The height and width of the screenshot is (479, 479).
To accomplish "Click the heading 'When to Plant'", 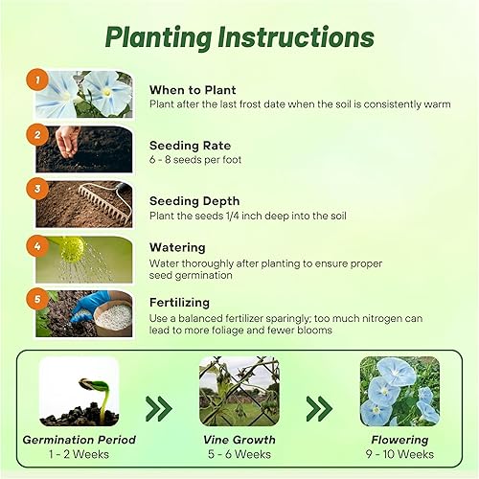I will [x=193, y=90].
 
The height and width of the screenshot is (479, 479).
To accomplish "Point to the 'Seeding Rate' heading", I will [x=190, y=146].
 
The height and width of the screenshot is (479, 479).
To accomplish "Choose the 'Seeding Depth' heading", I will [x=194, y=200].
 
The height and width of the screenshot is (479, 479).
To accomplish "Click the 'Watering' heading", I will [x=178, y=246].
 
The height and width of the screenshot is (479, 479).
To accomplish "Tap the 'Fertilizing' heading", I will [x=184, y=301].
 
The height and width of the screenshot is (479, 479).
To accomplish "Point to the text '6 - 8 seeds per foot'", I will [x=193, y=160].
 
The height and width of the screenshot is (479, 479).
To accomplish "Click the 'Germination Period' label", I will [x=80, y=440].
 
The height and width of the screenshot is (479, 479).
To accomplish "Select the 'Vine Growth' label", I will [x=239, y=440].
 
